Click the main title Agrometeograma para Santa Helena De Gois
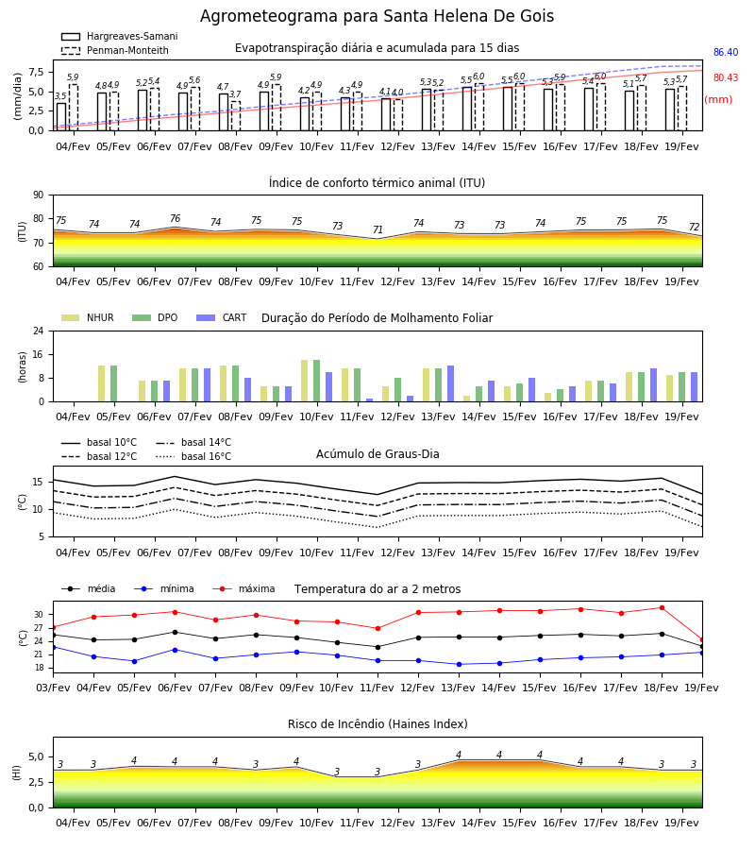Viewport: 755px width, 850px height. pyautogui.click(x=377, y=16)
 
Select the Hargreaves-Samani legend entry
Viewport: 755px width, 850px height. pyautogui.click(x=120, y=36)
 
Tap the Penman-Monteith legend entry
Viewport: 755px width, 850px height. pyautogui.click(x=115, y=50)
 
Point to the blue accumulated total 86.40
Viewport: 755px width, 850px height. pyautogui.click(x=726, y=52)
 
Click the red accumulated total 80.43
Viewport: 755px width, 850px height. pyautogui.click(x=726, y=77)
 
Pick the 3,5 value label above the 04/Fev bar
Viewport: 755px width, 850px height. pyautogui.click(x=60, y=96)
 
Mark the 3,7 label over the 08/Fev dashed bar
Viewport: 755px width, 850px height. pyautogui.click(x=235, y=94)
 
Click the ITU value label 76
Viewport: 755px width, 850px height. pyautogui.click(x=175, y=218)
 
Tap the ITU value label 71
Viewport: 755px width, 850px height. pyautogui.click(x=378, y=229)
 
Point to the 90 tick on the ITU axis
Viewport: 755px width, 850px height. pyautogui.click(x=39, y=195)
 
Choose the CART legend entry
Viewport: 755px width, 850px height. pyautogui.click(x=222, y=317)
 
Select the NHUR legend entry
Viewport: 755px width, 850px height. pyautogui.click(x=88, y=317)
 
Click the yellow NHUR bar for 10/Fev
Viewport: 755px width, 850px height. pyautogui.click(x=305, y=381)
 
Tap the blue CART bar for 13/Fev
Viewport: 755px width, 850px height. pyautogui.click(x=450, y=383)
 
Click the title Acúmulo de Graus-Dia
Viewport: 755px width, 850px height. pyautogui.click(x=377, y=453)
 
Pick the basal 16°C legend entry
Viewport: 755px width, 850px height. pyautogui.click(x=193, y=456)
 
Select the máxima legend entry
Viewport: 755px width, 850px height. pyautogui.click(x=243, y=588)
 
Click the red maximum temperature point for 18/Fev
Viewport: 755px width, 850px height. pyautogui.click(x=662, y=607)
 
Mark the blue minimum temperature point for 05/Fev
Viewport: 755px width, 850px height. pyautogui.click(x=134, y=661)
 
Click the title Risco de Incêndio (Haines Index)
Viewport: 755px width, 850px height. pyautogui.click(x=377, y=723)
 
